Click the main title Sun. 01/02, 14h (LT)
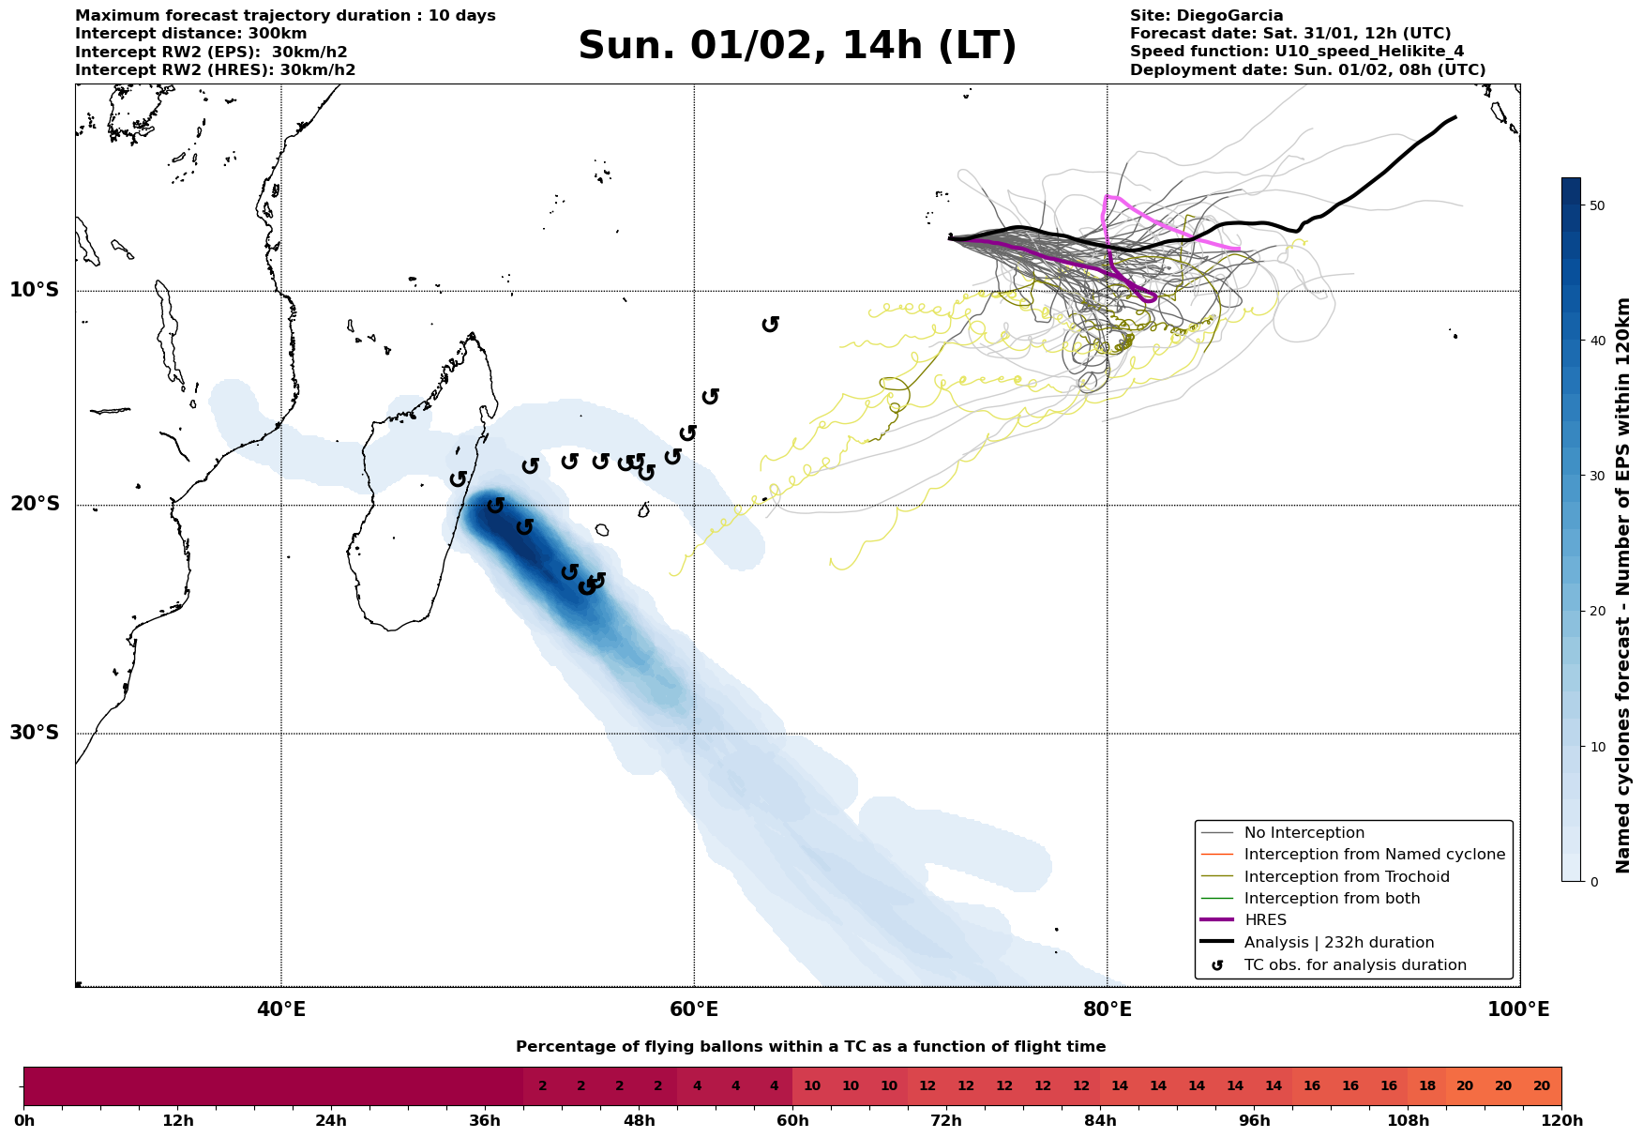tap(797, 46)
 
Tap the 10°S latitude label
tap(35, 290)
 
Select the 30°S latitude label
tap(35, 733)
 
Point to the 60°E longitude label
tap(694, 1009)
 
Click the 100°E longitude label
tap(1518, 1009)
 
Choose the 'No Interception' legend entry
tap(1304, 833)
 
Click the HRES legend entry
tap(1265, 920)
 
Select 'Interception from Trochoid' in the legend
tap(1347, 877)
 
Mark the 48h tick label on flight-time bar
tap(639, 1121)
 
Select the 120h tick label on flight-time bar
tap(1560, 1121)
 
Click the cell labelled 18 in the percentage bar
tap(1426, 1086)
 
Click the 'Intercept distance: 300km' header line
tap(190, 34)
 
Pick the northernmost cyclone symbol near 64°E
tap(771, 324)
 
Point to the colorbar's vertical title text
tap(1623, 585)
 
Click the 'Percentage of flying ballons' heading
tap(810, 1047)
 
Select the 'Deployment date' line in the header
tap(1307, 70)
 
